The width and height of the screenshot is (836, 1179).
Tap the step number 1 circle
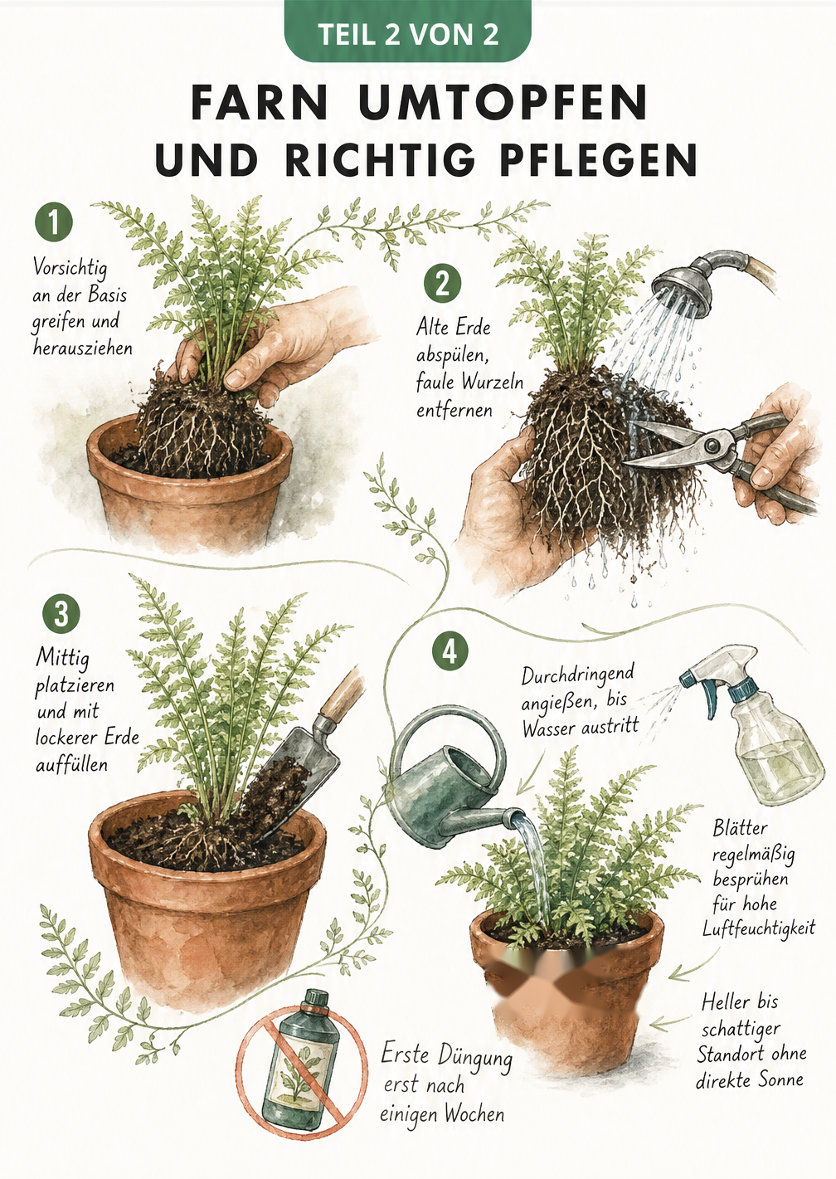(54, 222)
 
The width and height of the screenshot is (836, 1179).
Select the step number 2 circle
(442, 285)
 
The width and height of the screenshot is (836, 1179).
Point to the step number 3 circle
(61, 614)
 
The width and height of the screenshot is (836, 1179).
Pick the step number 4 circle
(450, 653)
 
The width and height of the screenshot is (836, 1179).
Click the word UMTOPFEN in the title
(503, 103)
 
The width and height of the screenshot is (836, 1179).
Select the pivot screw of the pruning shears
(714, 445)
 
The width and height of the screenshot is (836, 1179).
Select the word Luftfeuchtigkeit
(759, 928)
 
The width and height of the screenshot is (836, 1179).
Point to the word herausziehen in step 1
(83, 348)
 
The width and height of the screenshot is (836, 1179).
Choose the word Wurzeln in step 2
(493, 382)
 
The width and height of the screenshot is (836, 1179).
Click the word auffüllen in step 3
(71, 764)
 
